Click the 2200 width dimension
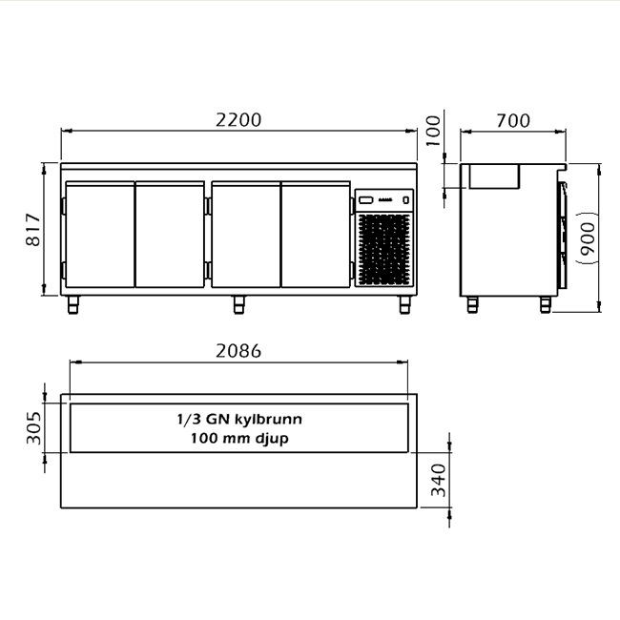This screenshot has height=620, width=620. pos(238,120)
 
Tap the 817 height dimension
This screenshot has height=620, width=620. pos(33,230)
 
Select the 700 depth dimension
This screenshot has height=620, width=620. pos(513,120)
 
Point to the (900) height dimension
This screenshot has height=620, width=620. pos(588,238)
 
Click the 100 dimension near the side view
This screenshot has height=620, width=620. pos(433,131)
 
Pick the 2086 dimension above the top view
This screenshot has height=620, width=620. pos(238,351)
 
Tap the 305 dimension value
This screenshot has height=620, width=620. pos(33,428)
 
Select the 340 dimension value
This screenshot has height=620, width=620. pos(438,480)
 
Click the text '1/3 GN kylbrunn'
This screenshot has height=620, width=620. pos(239,419)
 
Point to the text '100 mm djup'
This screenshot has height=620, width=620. pos(239,439)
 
